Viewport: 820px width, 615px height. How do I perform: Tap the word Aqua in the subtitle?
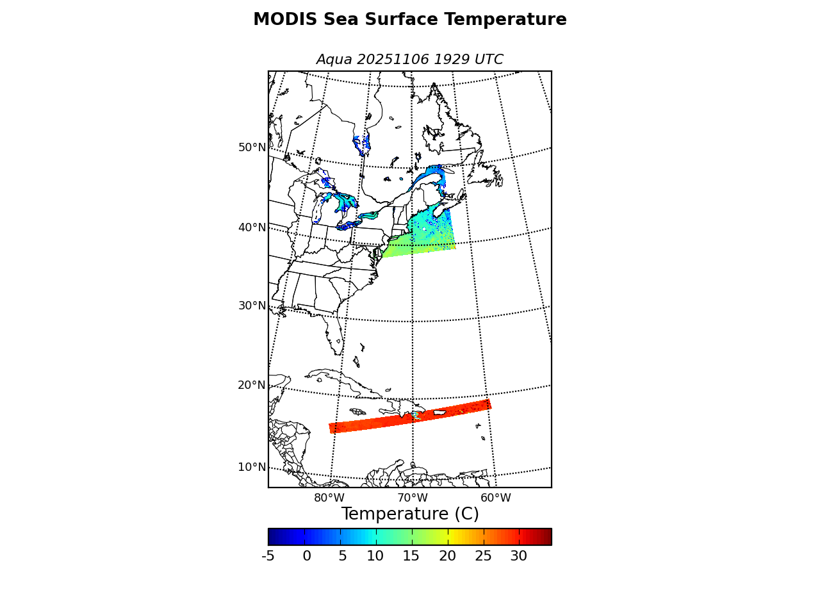(334, 60)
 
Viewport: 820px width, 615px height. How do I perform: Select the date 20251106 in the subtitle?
(393, 60)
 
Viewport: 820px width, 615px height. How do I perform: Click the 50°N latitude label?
(252, 147)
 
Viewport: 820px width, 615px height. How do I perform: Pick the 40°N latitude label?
(252, 227)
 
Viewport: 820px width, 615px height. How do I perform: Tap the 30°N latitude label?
(252, 306)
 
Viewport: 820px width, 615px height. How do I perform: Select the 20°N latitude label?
(252, 385)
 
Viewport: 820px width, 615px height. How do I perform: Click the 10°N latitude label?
(252, 467)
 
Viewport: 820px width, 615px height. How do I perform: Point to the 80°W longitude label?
(329, 498)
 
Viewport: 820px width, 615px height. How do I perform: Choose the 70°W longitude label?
(413, 498)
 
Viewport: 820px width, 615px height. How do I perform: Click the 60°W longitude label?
(496, 498)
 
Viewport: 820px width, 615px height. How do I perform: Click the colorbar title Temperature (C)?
(410, 514)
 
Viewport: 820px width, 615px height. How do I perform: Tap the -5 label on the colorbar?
(268, 556)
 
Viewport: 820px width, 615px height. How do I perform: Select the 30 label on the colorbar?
(518, 556)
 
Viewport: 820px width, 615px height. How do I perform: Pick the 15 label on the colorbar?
(411, 556)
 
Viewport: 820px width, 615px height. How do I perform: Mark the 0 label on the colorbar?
(307, 556)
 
